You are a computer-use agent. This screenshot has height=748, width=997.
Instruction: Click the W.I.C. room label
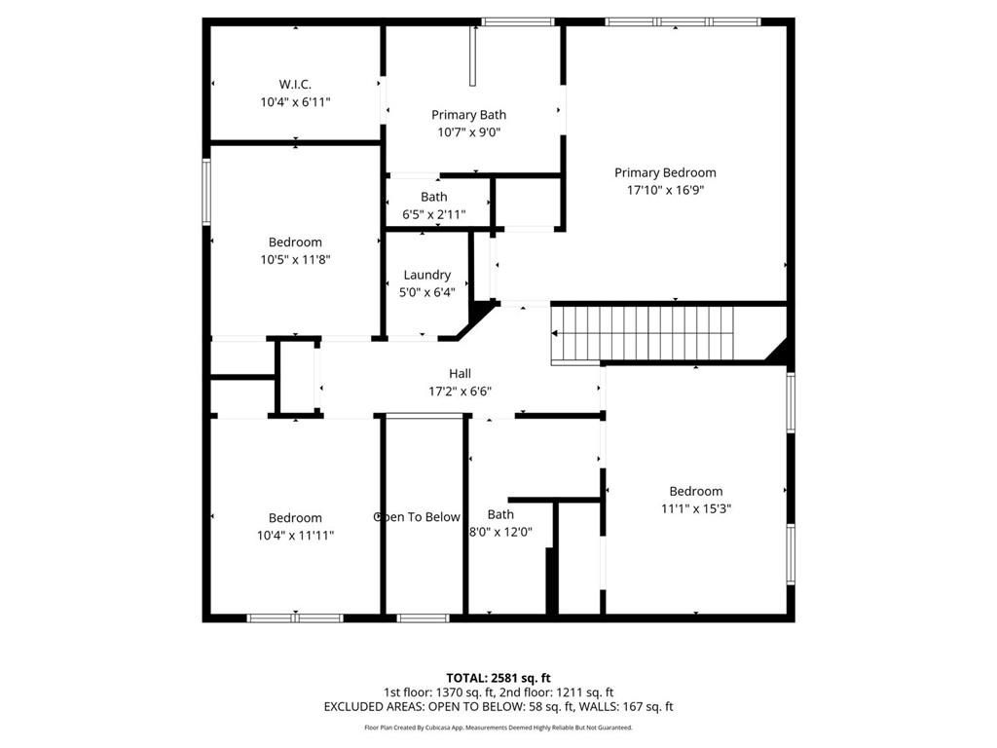(295, 84)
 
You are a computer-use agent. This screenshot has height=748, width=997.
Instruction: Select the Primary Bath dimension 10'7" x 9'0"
(468, 132)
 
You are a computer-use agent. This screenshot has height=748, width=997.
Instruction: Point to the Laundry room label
(426, 275)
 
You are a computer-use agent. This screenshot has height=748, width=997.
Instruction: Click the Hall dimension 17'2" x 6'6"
(460, 392)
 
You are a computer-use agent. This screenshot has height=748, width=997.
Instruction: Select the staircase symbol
(642, 332)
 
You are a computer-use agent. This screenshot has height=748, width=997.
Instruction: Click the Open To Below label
(418, 517)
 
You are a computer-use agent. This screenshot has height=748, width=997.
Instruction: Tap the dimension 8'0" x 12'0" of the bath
(500, 532)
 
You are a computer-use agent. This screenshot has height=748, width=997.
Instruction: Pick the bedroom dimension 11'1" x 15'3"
(695, 508)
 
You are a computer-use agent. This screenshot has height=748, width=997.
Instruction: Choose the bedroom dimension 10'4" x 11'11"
(295, 535)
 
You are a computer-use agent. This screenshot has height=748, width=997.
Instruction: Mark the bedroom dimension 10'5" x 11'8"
(295, 259)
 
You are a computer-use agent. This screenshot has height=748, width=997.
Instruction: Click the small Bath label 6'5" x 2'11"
(434, 197)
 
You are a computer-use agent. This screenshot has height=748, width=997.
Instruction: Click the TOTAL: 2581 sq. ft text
(498, 678)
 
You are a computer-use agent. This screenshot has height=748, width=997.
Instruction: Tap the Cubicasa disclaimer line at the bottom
(498, 728)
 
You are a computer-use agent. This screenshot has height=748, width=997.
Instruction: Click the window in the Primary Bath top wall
(518, 21)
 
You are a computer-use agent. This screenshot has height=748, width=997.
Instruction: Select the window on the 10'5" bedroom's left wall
(206, 192)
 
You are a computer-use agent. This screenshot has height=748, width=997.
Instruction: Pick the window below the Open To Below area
(424, 617)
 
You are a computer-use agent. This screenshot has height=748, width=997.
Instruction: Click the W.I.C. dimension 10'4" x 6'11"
(295, 101)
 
